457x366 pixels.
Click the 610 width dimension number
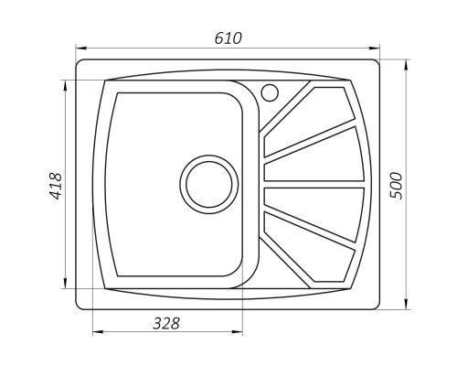tap(228, 38)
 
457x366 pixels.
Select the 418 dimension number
tap(56, 187)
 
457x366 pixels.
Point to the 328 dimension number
tap(166, 323)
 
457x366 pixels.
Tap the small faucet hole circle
tap(270, 91)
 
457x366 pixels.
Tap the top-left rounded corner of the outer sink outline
tap(80, 65)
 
